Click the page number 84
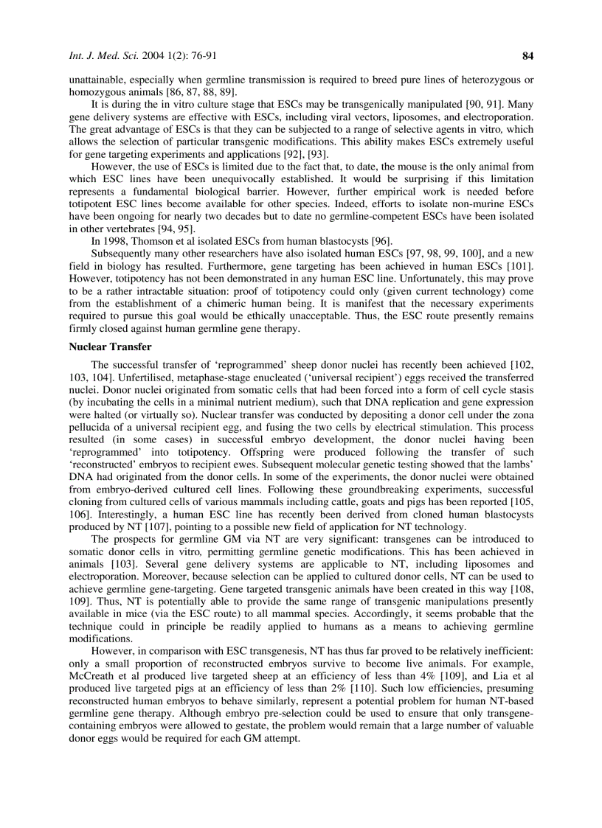(527, 55)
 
